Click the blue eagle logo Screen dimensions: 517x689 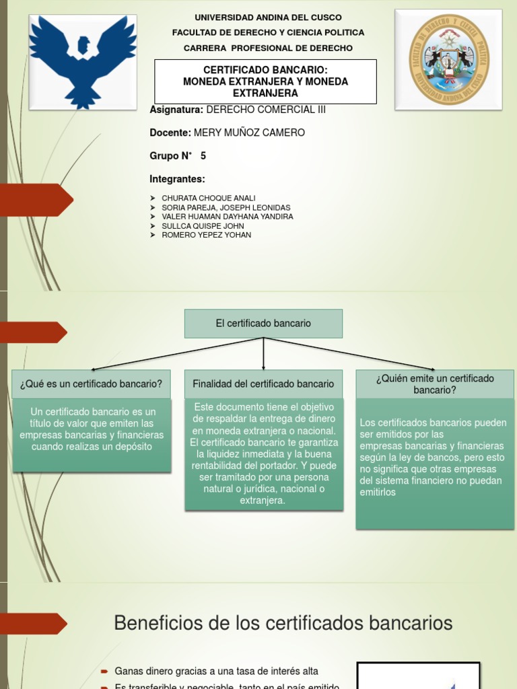[x=83, y=61]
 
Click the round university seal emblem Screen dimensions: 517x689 [x=448, y=59]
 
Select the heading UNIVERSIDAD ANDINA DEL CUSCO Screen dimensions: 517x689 [x=268, y=17]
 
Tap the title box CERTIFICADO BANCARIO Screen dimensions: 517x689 [x=265, y=81]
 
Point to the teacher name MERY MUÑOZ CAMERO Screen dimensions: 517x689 [x=255, y=133]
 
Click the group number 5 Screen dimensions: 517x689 [x=203, y=156]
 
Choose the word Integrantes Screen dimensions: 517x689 [x=177, y=179]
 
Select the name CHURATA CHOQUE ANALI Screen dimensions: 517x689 [x=209, y=198]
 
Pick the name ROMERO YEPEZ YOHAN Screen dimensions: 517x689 [x=206, y=235]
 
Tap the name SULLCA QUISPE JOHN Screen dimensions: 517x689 [x=203, y=226]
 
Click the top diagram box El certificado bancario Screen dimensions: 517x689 [x=263, y=324]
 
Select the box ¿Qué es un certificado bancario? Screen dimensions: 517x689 [x=91, y=384]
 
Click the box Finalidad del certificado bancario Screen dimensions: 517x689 [x=263, y=384]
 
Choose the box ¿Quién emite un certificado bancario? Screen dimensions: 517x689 [x=435, y=384]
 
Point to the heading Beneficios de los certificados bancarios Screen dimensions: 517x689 [x=283, y=622]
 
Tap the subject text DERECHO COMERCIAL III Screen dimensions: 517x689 [x=265, y=110]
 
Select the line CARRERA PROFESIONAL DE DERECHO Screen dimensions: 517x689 [x=268, y=48]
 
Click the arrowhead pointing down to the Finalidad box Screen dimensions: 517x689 [x=263, y=366]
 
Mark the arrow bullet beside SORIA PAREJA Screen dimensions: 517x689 [x=151, y=208]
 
